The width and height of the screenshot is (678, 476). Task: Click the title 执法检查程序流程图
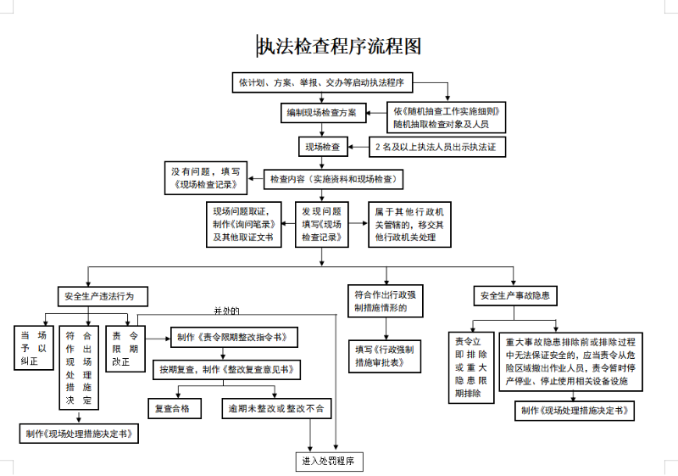tap(339, 46)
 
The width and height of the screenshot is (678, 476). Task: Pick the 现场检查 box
tap(322, 147)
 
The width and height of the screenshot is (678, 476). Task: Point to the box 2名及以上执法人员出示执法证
tap(435, 148)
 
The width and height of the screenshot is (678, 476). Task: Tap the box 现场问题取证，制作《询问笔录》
tap(246, 224)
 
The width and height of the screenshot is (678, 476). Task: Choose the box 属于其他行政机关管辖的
tap(414, 224)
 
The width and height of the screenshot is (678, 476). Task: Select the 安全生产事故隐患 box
tap(514, 296)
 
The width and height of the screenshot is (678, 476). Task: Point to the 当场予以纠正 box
tap(33, 348)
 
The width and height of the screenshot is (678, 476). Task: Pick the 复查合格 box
tap(178, 408)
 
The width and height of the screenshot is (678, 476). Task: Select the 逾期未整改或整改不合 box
tap(275, 408)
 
